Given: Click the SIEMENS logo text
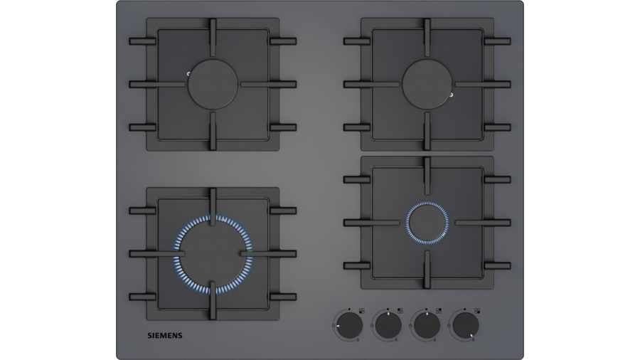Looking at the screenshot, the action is pyautogui.click(x=165, y=336).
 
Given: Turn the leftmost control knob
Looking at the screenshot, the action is pyautogui.click(x=349, y=325).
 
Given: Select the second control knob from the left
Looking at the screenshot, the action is pyautogui.click(x=388, y=325).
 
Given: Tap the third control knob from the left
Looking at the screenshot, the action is pyautogui.click(x=427, y=325).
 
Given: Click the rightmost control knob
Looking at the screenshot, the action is pyautogui.click(x=465, y=325).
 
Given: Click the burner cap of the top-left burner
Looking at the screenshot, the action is pyautogui.click(x=213, y=85).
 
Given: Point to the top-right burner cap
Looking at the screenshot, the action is pyautogui.click(x=427, y=85).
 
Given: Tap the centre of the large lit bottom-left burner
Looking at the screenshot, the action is pyautogui.click(x=213, y=254).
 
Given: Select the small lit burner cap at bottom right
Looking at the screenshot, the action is pyautogui.click(x=427, y=223).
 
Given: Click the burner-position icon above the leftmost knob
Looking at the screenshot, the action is pyautogui.click(x=362, y=311).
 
